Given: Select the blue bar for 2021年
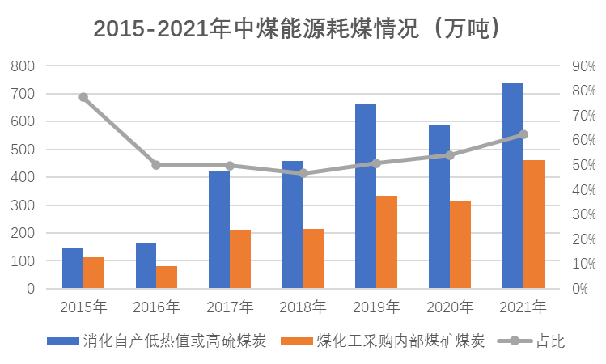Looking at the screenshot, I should click(512, 185).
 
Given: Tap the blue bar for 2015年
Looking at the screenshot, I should click(73, 268).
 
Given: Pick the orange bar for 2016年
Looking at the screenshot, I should click(167, 277).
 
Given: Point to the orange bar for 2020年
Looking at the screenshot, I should click(460, 244).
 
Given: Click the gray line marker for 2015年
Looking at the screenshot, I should click(83, 97).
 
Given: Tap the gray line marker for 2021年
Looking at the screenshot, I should click(523, 134).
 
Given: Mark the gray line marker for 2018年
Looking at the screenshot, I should click(303, 172).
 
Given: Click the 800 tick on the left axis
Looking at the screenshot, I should click(25, 66).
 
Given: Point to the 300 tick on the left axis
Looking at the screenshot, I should click(25, 205).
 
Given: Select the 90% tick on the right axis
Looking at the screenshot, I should click(583, 66).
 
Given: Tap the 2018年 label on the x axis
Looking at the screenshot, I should click(303, 307).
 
